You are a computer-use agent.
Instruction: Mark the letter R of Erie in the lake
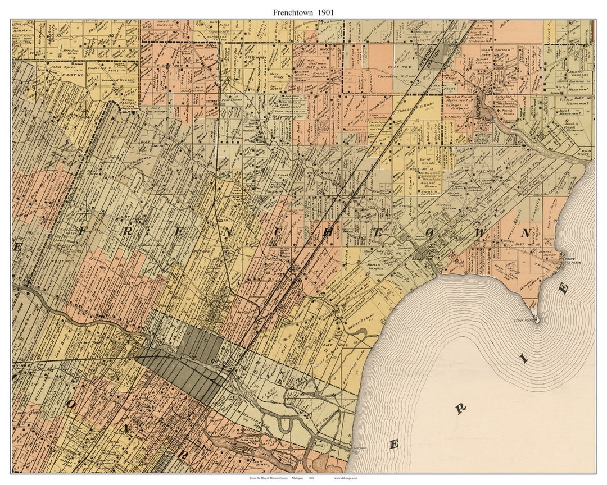coord(461,408)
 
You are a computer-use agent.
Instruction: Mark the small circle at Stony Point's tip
coord(536,321)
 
